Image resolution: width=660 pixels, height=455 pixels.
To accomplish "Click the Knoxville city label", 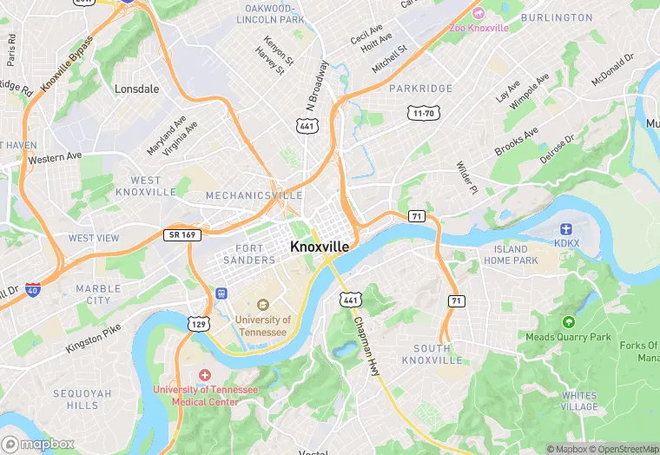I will (320, 247).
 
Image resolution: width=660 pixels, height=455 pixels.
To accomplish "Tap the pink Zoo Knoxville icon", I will (477, 13).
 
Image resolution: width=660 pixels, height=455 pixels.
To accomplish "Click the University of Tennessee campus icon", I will (263, 305).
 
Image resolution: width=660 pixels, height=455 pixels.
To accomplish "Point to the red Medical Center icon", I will (205, 375).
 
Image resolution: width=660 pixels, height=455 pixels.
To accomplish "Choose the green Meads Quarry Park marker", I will (569, 322).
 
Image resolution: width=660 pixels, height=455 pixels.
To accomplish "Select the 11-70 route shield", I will (422, 113).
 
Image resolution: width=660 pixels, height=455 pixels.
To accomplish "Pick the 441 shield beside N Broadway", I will (306, 127).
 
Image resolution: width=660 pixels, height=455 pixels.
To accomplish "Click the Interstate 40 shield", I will (33, 287).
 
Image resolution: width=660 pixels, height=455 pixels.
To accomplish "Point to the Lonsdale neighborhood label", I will (137, 89).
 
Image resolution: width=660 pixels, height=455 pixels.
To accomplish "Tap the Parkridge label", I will (420, 89).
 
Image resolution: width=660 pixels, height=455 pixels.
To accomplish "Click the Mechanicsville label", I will (254, 195).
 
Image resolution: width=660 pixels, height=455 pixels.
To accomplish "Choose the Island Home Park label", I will (511, 254).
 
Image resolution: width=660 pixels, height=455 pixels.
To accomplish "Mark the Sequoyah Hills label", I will (82, 399).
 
